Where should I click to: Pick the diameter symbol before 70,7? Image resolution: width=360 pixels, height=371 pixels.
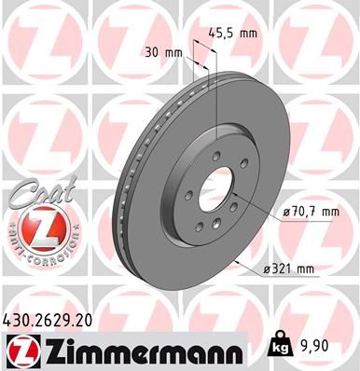point(284,213)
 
